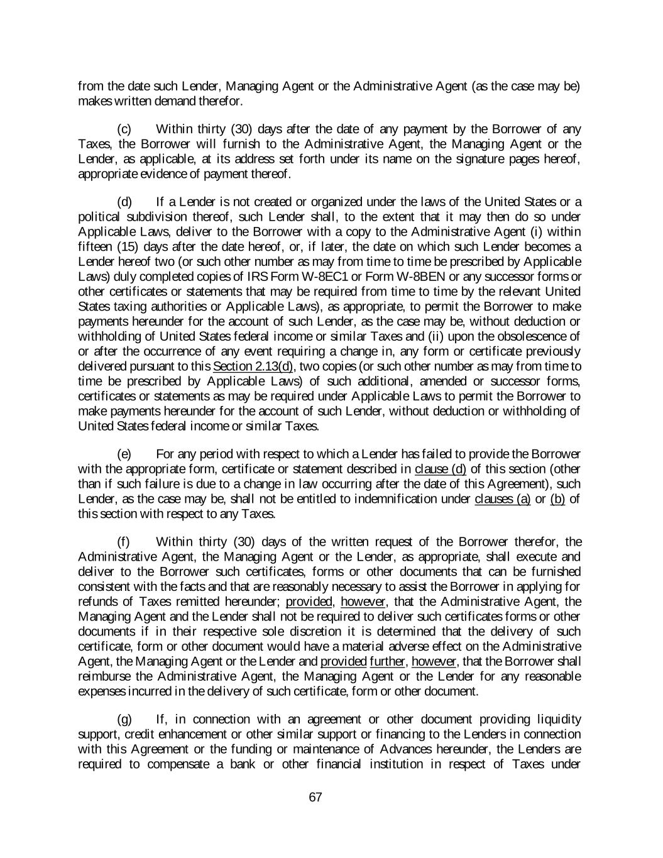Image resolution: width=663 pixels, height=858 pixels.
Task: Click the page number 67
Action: coord(315,797)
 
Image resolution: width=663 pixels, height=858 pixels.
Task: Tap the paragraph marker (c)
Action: coord(124,129)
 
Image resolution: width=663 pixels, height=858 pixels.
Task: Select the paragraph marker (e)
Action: coord(124,454)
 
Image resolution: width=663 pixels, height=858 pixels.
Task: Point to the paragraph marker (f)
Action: coord(124,542)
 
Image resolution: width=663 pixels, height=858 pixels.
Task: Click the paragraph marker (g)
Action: coord(124,719)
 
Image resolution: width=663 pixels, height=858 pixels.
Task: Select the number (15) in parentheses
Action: coord(129,246)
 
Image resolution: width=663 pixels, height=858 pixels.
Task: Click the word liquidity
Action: coord(558,719)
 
